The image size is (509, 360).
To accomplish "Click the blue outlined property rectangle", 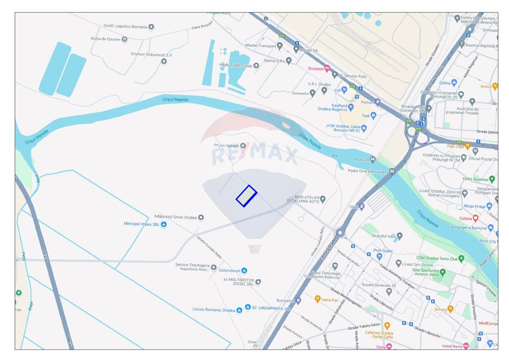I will point(247,196).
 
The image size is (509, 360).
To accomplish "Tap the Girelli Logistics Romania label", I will point(125,27).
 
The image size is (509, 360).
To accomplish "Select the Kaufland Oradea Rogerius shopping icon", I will point(350,107).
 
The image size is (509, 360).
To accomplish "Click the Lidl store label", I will point(337,90).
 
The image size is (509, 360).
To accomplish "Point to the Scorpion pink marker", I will point(327,68).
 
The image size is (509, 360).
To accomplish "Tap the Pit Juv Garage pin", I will point(243,145).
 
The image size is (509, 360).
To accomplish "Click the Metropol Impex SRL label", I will point(141,224).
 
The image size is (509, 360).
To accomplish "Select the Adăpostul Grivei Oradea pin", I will point(201,217).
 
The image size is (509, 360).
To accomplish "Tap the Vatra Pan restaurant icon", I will point(318,300).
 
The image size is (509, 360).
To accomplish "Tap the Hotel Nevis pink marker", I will point(466,346).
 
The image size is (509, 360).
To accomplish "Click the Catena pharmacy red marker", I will point(475,218).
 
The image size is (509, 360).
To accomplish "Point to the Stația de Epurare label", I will point(105,39).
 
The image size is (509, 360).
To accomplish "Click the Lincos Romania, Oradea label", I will point(213,309).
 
